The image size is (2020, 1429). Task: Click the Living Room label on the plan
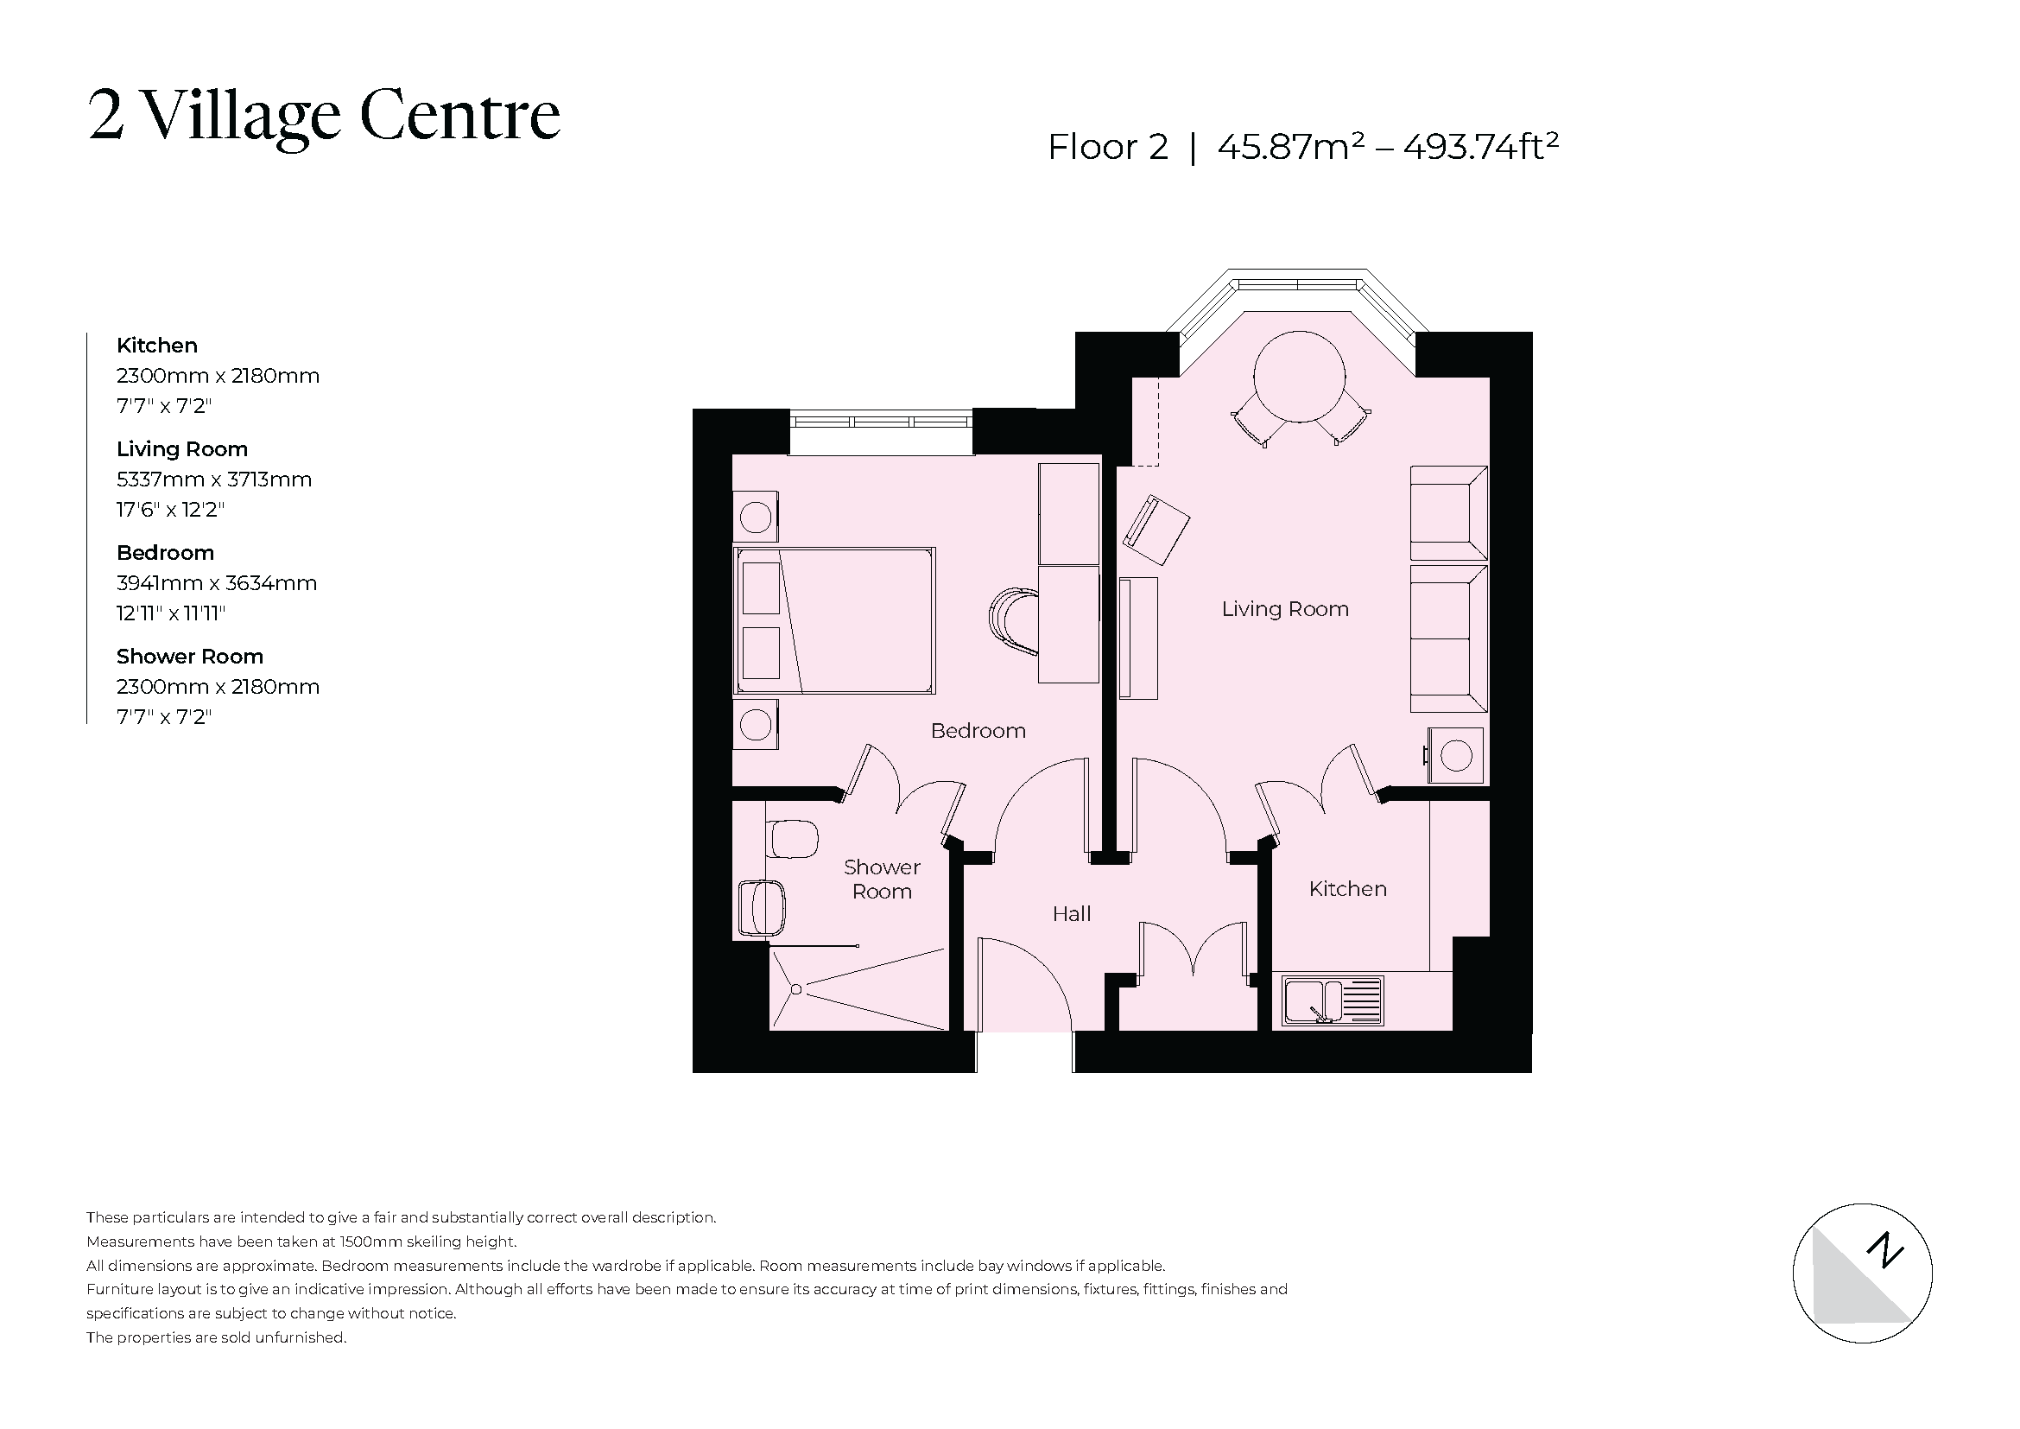tap(1284, 609)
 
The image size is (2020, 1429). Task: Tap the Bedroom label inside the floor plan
tap(978, 730)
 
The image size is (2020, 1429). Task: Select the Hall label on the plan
tap(1071, 913)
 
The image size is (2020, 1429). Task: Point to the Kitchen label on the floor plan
tap(1347, 889)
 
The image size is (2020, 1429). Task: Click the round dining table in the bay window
tap(1299, 377)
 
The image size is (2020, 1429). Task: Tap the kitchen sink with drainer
tap(1333, 1000)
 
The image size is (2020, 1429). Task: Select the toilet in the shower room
tap(793, 839)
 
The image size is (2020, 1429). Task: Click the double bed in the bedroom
tap(833, 620)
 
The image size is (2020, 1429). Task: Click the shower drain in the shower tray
tap(795, 990)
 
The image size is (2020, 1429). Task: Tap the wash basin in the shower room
tap(761, 908)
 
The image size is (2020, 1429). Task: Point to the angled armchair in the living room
tap(1156, 530)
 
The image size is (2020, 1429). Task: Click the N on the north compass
tap(1885, 1250)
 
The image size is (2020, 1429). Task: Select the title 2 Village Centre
tap(324, 116)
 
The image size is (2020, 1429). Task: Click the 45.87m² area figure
tap(1290, 147)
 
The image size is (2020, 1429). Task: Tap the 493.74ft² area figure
tap(1481, 147)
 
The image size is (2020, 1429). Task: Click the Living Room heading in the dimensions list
tap(182, 448)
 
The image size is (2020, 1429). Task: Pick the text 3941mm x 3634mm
tap(217, 582)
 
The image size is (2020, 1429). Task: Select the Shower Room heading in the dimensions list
tap(189, 657)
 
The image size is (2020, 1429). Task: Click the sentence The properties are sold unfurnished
tap(217, 1337)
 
